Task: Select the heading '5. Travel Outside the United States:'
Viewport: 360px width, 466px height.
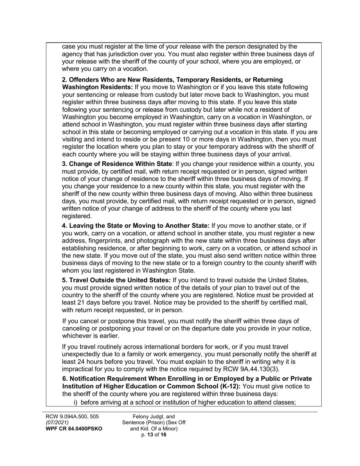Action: tap(116, 280)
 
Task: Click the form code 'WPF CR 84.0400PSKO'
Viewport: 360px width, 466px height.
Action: tap(74, 429)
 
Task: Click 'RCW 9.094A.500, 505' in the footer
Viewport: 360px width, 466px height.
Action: tap(72, 417)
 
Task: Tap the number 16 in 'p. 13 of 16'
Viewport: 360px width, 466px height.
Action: tap(163, 435)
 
